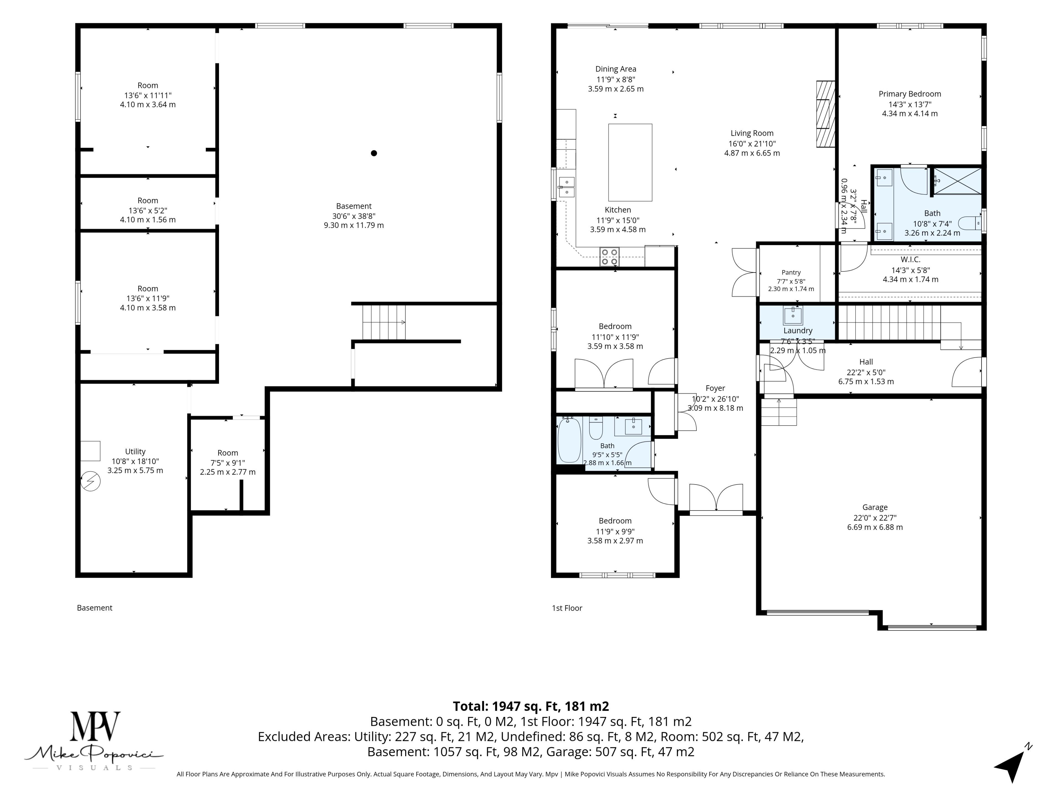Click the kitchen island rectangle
[x=630, y=162]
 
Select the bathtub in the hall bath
[x=569, y=440]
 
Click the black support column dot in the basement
[x=374, y=153]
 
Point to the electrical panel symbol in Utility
[x=90, y=481]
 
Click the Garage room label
[x=875, y=507]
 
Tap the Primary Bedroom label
[x=910, y=94]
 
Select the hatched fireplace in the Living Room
[x=826, y=114]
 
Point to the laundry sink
[x=793, y=316]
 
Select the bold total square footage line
[x=531, y=706]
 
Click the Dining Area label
[x=616, y=69]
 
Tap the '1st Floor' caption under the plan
[x=567, y=608]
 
